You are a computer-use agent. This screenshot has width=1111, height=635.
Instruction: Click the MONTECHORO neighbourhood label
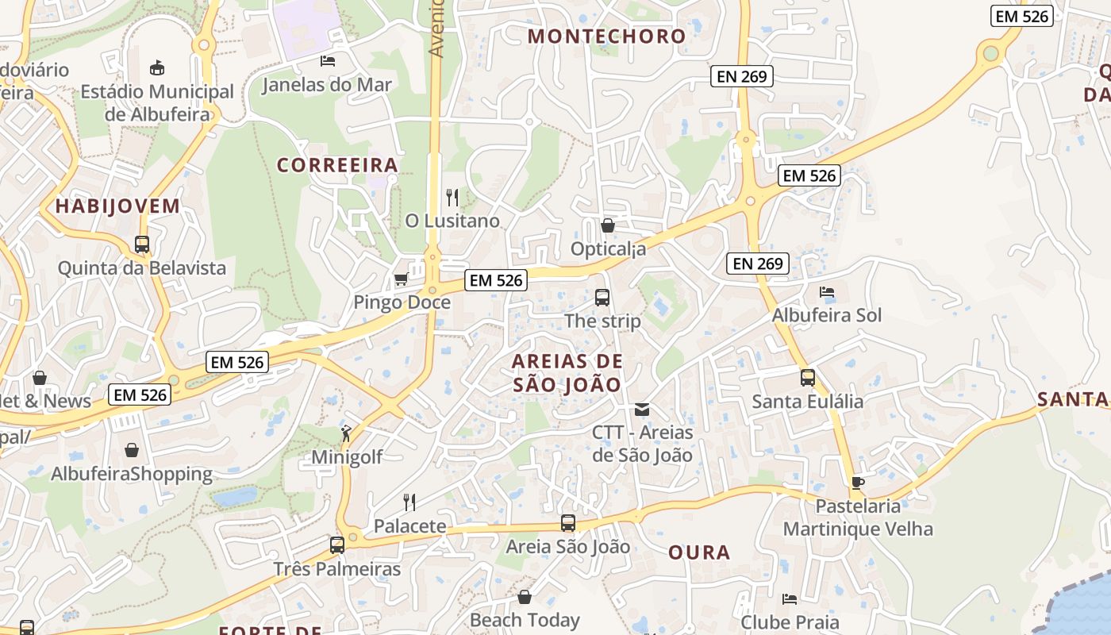point(606,37)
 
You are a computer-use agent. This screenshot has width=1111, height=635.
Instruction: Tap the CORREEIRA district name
point(337,165)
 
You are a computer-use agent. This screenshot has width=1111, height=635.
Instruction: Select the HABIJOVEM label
point(117,206)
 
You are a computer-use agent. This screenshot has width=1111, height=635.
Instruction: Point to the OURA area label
point(699,552)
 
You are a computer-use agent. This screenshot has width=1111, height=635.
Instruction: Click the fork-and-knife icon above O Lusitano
point(452,197)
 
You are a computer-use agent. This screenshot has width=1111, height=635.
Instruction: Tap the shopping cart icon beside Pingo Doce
point(402,279)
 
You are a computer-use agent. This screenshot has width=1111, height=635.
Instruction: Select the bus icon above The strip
point(602,298)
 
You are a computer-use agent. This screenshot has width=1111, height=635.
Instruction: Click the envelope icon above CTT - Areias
point(642,410)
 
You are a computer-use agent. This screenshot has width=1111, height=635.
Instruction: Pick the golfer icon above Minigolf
point(346,433)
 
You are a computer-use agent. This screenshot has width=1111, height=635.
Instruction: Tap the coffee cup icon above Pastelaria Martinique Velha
point(857,482)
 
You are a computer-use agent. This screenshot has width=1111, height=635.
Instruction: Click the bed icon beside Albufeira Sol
point(827,292)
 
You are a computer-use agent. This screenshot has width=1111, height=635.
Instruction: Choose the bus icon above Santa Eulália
point(808,378)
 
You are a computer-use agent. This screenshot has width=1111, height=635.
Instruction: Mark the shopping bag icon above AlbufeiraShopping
point(132,450)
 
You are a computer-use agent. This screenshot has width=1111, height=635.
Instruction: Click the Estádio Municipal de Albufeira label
point(157,103)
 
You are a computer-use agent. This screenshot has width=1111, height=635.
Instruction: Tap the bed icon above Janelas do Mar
point(328,60)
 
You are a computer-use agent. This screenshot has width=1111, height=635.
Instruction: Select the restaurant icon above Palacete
point(409,502)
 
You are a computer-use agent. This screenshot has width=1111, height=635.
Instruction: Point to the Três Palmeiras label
point(337,569)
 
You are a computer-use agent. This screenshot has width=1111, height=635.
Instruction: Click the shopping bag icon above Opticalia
point(608,225)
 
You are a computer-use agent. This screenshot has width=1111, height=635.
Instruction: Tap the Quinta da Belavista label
point(142,268)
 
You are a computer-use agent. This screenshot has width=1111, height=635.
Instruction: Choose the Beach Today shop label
point(525,619)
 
